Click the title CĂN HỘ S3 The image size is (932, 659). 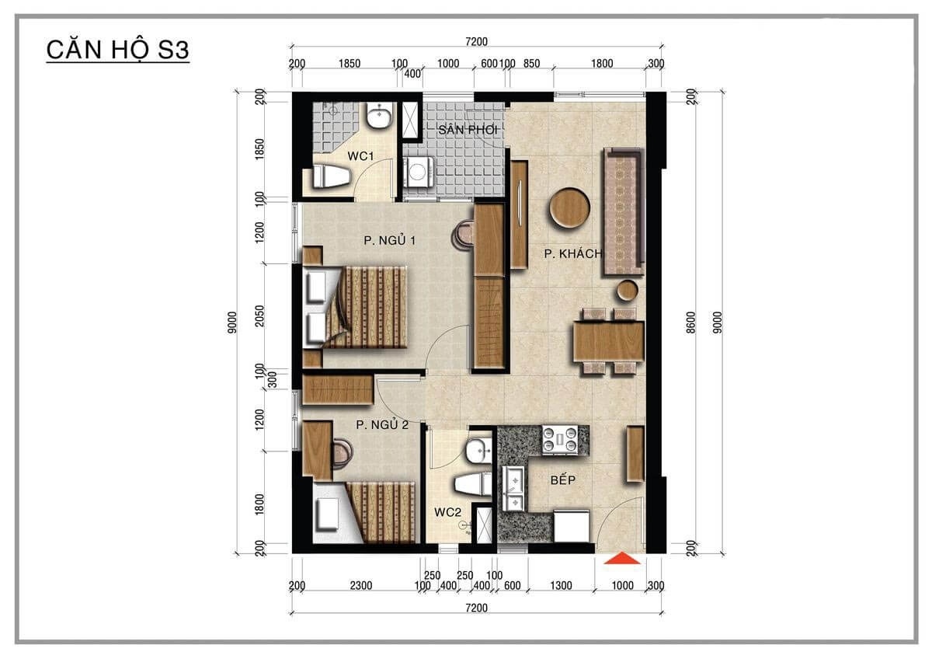(x=118, y=51)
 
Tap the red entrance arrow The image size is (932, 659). (x=622, y=558)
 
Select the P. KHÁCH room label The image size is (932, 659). (x=573, y=253)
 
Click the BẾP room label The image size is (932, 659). (x=563, y=480)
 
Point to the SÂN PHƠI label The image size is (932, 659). (x=468, y=130)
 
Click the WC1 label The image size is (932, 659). (x=360, y=156)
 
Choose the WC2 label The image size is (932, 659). (x=447, y=512)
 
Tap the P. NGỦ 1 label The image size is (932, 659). (x=389, y=240)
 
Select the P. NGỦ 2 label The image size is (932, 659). (x=382, y=424)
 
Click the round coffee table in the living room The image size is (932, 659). (x=569, y=207)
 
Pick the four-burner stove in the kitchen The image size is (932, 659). (x=560, y=440)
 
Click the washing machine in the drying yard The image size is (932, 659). (x=419, y=172)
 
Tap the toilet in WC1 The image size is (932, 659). (x=331, y=176)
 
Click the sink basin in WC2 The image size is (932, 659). (x=479, y=450)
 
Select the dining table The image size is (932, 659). (x=608, y=341)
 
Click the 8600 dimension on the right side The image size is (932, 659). (x=691, y=323)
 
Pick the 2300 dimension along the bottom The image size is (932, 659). (x=360, y=585)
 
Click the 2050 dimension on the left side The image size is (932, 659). (x=259, y=316)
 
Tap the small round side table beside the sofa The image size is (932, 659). (x=627, y=291)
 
